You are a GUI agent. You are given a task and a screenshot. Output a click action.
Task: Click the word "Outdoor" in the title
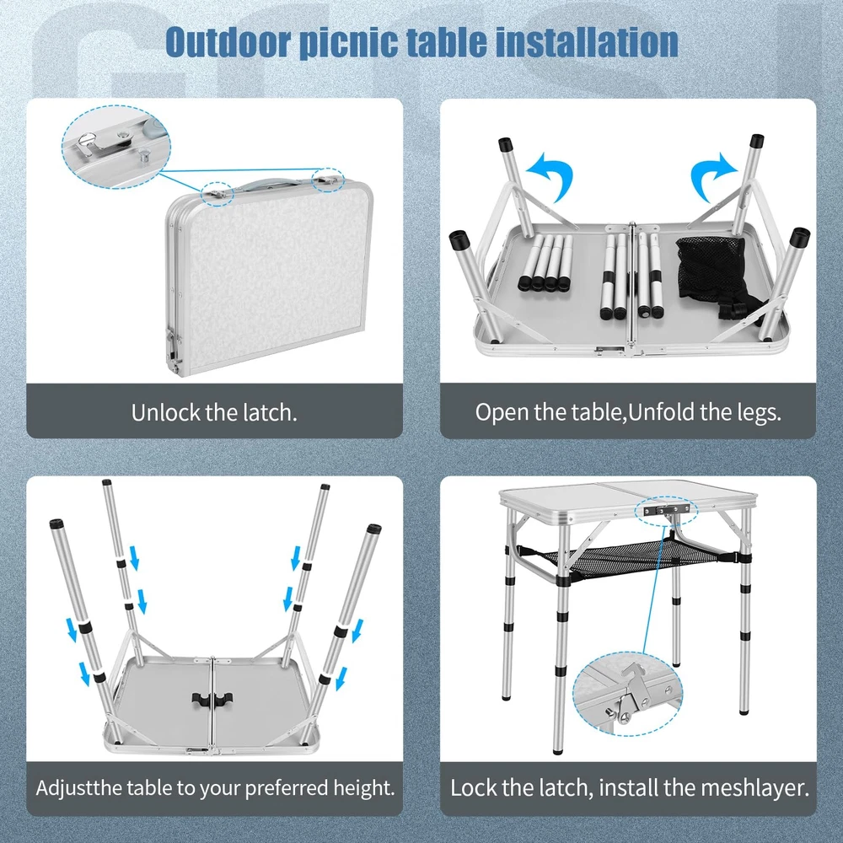(228, 41)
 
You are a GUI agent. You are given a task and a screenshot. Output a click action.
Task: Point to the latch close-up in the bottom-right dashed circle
(627, 694)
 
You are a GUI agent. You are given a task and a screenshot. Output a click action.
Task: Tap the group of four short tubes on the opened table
(545, 263)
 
